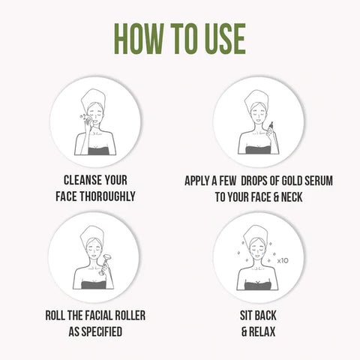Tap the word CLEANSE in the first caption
(82, 180)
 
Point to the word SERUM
(319, 181)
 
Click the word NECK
(292, 197)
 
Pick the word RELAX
(262, 331)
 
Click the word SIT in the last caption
(245, 316)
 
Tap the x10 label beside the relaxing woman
(283, 260)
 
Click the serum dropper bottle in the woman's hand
(271, 127)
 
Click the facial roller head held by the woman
(108, 256)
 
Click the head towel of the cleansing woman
(94, 98)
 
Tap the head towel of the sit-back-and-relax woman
(256, 234)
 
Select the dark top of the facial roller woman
(94, 285)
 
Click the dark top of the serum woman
(258, 150)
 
